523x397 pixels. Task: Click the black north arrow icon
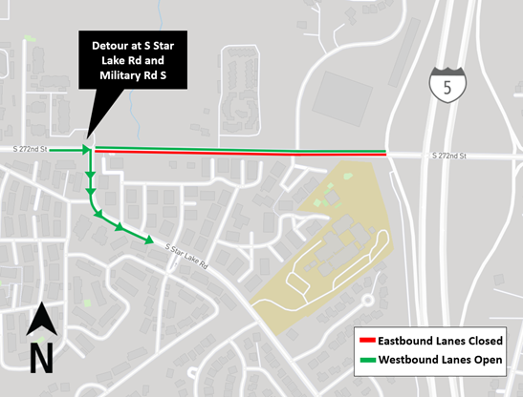coord(40,321)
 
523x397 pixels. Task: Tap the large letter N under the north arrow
coord(40,359)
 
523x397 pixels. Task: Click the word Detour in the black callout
coord(112,46)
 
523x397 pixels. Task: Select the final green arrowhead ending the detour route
coord(148,240)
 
